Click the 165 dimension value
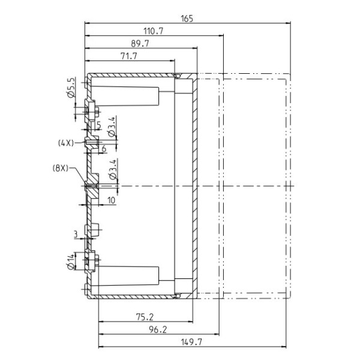[187, 19]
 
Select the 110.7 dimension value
[153, 31]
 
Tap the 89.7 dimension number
[140, 44]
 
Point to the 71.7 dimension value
[129, 56]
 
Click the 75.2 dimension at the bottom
[145, 317]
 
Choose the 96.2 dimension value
[157, 329]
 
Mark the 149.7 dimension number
[191, 343]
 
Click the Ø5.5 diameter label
[71, 88]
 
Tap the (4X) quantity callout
[66, 143]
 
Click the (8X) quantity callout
[61, 168]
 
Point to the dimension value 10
[112, 200]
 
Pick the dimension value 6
[104, 149]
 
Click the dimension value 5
[99, 125]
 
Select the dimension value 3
[76, 235]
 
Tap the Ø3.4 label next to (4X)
[112, 127]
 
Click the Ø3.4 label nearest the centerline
[113, 169]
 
